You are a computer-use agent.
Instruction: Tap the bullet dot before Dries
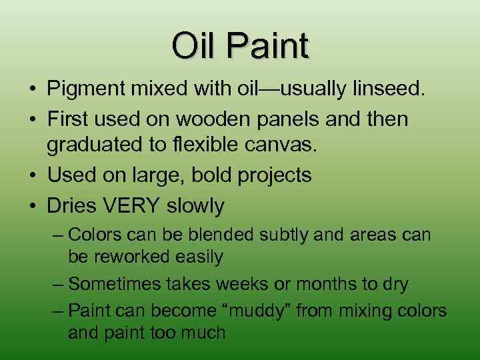[x=32, y=206]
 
